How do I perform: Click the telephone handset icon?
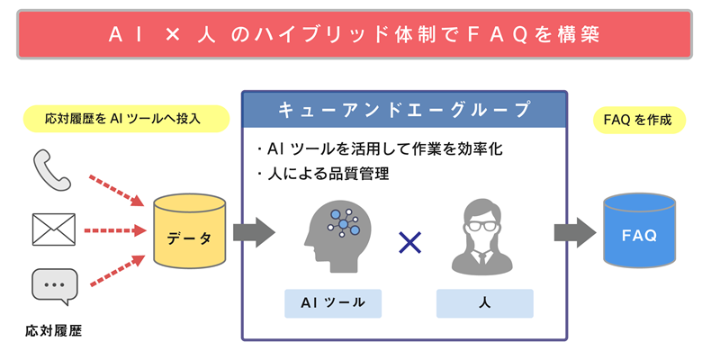[52, 170]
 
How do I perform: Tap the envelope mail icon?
[53, 229]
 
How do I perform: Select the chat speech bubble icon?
[54, 287]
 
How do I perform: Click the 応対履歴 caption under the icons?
[54, 330]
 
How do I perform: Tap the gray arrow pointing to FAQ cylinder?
[574, 231]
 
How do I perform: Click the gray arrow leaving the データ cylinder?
[253, 231]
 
